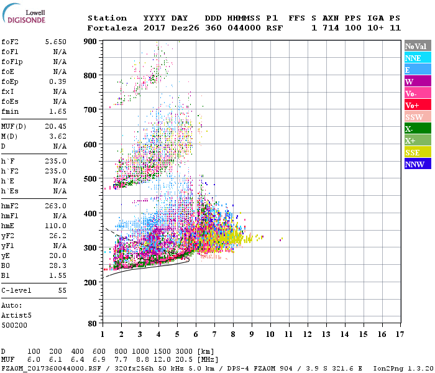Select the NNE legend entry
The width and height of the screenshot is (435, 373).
pyautogui.click(x=413, y=58)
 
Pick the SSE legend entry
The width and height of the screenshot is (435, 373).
pyautogui.click(x=413, y=152)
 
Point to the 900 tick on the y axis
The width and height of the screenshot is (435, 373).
pyautogui.click(x=91, y=42)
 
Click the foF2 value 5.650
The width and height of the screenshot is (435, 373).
pyautogui.click(x=56, y=41)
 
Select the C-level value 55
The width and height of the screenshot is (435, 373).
pyautogui.click(x=62, y=290)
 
